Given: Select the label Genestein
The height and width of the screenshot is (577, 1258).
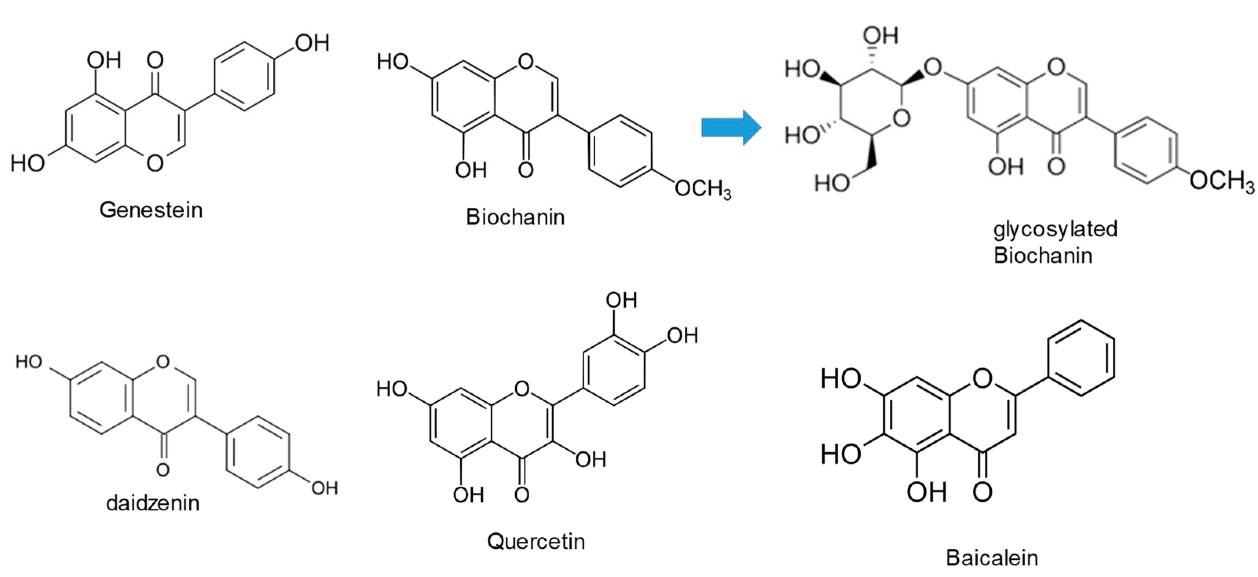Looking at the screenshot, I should click(151, 210).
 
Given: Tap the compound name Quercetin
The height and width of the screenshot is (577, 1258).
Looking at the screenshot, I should click(536, 541).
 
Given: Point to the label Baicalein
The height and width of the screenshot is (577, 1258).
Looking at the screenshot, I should click(992, 557).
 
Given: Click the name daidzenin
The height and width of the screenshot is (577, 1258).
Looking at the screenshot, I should click(153, 503).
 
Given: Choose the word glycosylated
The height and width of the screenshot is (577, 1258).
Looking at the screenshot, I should click(1055, 229).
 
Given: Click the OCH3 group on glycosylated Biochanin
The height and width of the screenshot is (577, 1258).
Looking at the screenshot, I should click(1221, 181).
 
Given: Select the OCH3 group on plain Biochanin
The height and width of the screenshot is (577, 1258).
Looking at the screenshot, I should click(703, 188).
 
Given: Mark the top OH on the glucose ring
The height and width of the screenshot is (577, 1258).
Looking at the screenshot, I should click(880, 36).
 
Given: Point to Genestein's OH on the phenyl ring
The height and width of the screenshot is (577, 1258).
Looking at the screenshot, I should click(312, 44).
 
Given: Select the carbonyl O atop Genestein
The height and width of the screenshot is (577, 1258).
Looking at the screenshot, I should click(155, 60).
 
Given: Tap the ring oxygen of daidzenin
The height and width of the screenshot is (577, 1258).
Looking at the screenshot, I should click(163, 362).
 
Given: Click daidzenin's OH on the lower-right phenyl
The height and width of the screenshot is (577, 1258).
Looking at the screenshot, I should click(324, 488).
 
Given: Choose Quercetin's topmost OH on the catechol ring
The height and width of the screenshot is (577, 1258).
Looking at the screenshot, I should click(621, 300).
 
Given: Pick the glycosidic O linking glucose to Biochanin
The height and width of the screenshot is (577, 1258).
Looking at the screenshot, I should click(933, 67).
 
